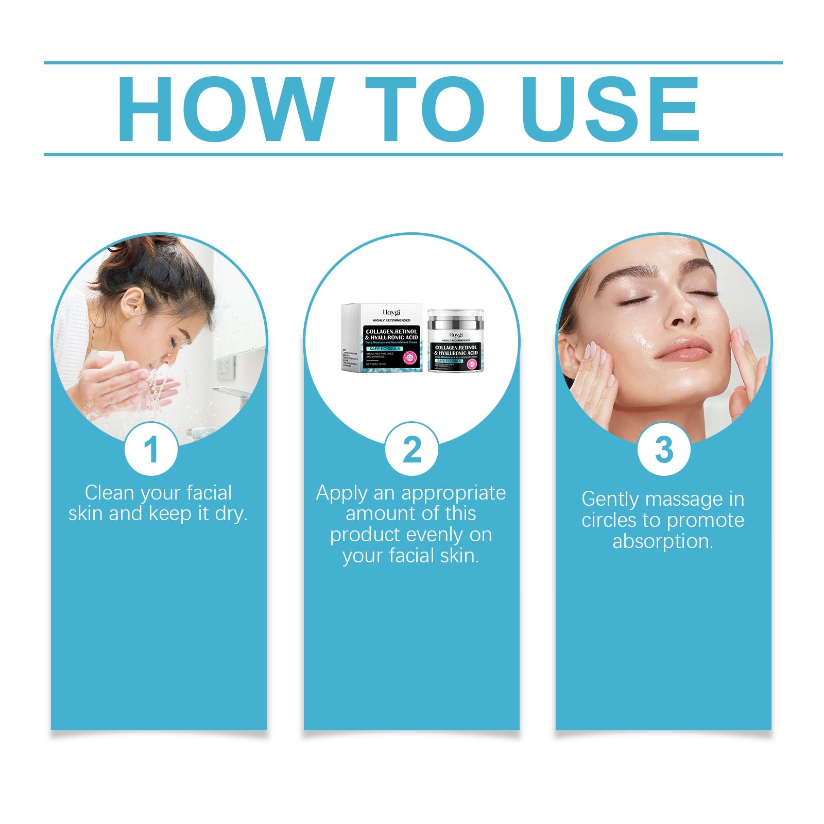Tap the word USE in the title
pyautogui.click(x=612, y=109)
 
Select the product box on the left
pyautogui.click(x=382, y=338)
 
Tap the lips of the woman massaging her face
pyautogui.click(x=683, y=349)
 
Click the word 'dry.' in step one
pyautogui.click(x=231, y=514)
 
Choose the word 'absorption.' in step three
pyautogui.click(x=663, y=542)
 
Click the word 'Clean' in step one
pyautogui.click(x=109, y=493)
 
